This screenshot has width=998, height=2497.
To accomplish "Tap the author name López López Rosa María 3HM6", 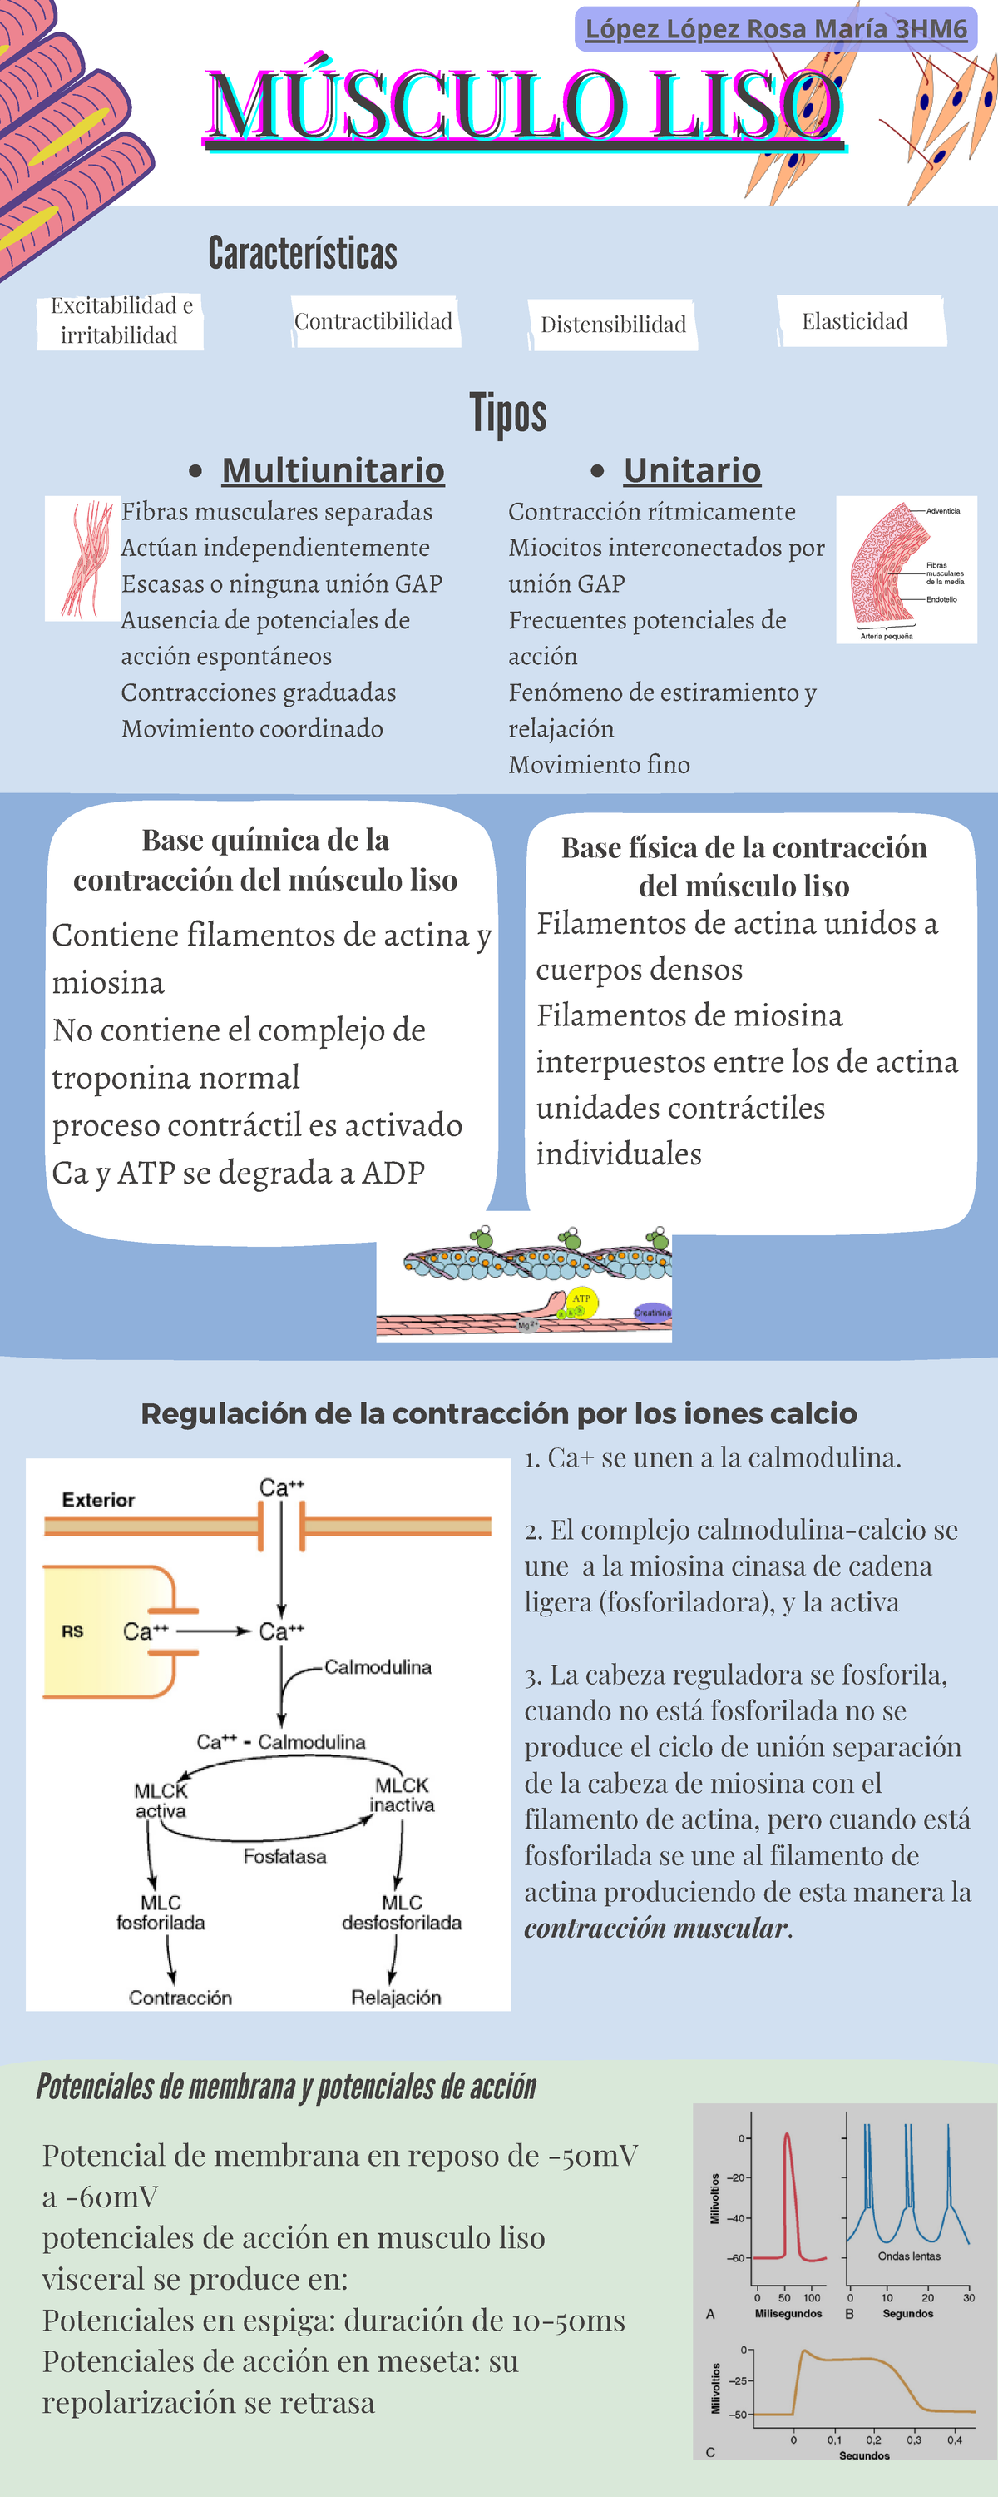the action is click(x=776, y=29).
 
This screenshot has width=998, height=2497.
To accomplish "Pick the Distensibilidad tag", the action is click(x=612, y=325).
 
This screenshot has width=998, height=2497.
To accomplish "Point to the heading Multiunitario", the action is click(x=333, y=470).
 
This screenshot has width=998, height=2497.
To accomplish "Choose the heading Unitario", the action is click(x=692, y=470).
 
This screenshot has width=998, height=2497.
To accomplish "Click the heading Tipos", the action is click(x=507, y=413).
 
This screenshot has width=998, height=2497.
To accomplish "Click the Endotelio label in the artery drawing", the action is click(x=941, y=599).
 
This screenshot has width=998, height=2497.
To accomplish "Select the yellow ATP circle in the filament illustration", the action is click(x=581, y=1300).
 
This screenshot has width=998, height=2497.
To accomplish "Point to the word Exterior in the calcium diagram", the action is click(x=98, y=1500).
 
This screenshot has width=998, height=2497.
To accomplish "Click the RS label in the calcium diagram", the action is click(x=72, y=1631).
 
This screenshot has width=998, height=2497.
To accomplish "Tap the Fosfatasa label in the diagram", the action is click(x=284, y=1856).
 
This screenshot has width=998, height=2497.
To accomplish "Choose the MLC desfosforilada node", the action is click(x=401, y=1913).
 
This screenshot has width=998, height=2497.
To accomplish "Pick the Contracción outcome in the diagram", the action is click(x=180, y=1998).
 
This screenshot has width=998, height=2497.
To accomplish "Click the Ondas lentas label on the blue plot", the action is click(x=909, y=2256).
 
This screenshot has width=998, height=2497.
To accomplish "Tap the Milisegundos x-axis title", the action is click(x=788, y=2313).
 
